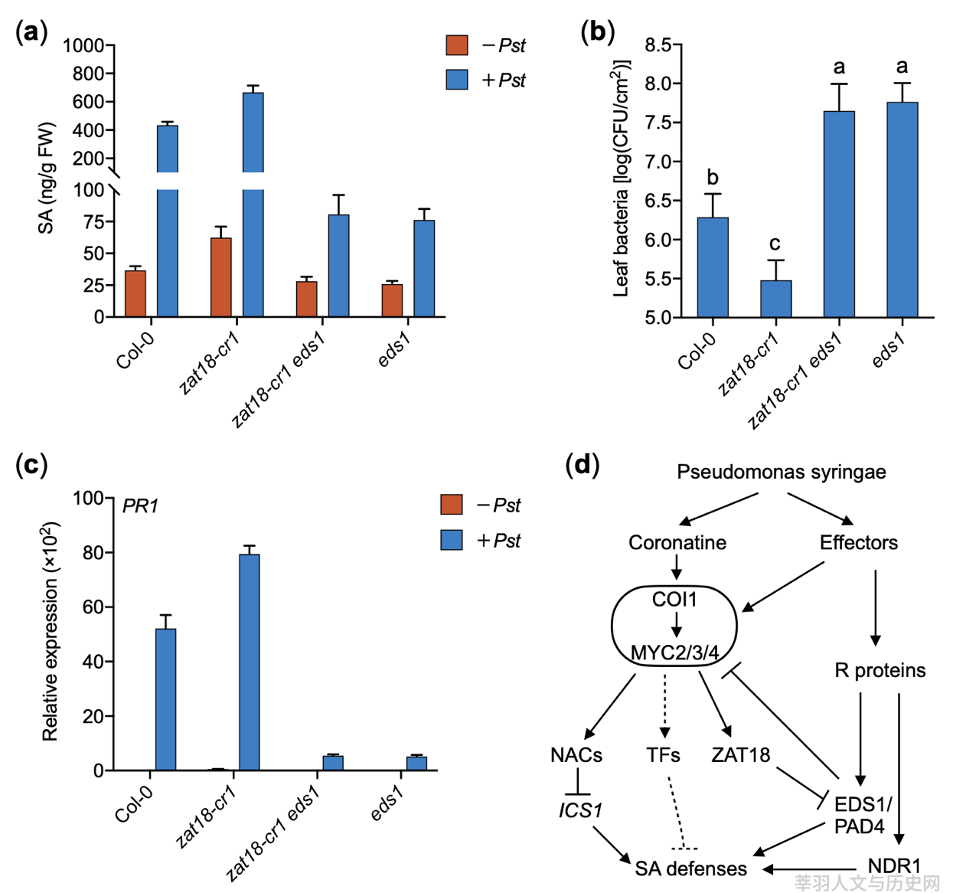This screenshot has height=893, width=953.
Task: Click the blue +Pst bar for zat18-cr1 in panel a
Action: (253, 204)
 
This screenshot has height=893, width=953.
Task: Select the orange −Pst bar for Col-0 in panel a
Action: (135, 293)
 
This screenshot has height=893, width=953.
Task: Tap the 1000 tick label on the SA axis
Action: (83, 46)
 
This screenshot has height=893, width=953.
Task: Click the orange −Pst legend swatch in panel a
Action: (456, 44)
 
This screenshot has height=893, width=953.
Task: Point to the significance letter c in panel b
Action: (775, 244)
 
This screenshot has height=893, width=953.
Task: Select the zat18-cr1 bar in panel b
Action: (776, 299)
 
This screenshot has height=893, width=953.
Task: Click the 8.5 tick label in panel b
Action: (658, 45)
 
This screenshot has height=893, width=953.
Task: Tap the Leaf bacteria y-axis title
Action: (621, 178)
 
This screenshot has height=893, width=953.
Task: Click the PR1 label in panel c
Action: (140, 506)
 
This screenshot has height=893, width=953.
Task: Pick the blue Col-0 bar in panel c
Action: (165, 699)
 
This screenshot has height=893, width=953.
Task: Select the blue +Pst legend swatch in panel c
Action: (451, 540)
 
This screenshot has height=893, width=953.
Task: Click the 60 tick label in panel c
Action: (93, 607)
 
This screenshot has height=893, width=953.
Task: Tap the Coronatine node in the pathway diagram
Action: (677, 542)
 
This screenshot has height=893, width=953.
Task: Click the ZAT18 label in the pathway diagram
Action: (740, 755)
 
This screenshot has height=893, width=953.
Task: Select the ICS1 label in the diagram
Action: (580, 811)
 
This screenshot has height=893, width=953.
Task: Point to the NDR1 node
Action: (895, 867)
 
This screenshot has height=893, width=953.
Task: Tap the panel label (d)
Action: (583, 465)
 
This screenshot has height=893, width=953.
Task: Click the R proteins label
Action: (880, 670)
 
